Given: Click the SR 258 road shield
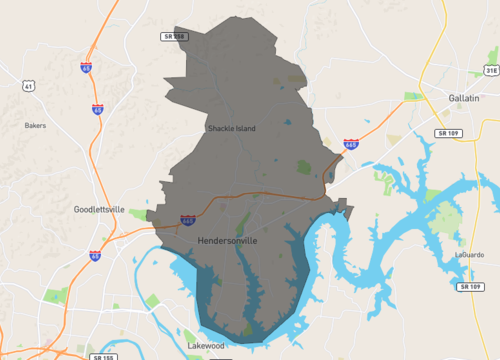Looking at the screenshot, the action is coord(174,36).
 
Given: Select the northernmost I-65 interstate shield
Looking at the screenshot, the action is coord(86,68).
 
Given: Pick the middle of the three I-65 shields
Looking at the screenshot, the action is coord(97,108).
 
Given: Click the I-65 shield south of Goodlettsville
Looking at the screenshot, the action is coord(95,256).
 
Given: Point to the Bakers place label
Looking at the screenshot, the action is coord(35,126).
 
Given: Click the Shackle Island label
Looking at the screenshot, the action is coord(231,129).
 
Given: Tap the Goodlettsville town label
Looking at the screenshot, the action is coord(99,210).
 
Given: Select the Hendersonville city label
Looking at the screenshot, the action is coord(228,241).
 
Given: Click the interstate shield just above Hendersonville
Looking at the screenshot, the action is coord(187,219).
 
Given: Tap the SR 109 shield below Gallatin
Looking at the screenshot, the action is coord(449,132).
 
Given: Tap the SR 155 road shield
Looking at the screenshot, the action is coord(101,355).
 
